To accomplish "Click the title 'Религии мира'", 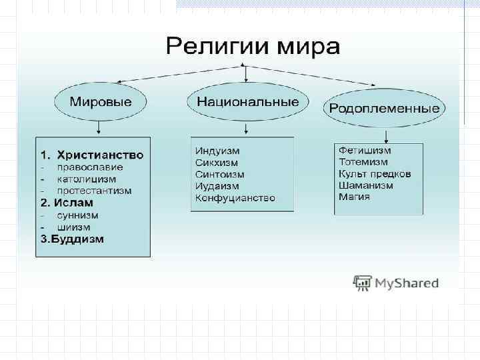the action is [253, 47].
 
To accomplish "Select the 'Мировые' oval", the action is [99, 102].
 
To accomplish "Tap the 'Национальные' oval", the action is [247, 102].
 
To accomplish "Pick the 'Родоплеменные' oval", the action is [385, 109].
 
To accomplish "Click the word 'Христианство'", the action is [100, 155].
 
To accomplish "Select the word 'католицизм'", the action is [86, 179].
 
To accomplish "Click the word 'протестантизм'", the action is [94, 191].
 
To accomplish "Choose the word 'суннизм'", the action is [77, 215].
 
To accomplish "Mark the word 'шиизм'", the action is [73, 227].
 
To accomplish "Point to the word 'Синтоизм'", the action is [220, 175].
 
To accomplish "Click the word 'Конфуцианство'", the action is [235, 199].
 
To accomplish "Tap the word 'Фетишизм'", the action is [365, 151].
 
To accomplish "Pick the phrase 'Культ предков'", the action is [375, 174].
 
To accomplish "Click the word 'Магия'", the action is [354, 197].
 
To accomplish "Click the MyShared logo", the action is [396, 283].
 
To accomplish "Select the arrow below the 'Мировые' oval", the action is [99, 127].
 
